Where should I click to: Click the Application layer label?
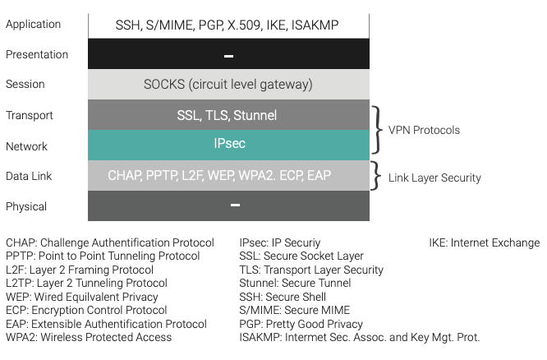(x=33, y=25)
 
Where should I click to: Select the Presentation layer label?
(x=37, y=54)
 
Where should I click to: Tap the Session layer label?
(x=25, y=84)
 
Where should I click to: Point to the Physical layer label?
(x=26, y=206)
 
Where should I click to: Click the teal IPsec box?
(x=228, y=145)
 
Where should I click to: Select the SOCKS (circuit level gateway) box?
(x=228, y=84)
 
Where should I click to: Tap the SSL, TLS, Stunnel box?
(x=228, y=115)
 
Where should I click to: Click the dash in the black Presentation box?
(x=228, y=56)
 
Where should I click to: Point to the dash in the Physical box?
(x=235, y=205)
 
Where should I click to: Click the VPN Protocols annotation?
(x=424, y=130)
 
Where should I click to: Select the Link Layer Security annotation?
(x=434, y=178)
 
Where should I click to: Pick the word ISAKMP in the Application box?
(x=315, y=25)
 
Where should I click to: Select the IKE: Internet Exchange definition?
(x=485, y=242)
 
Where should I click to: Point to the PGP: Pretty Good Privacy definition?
(x=301, y=324)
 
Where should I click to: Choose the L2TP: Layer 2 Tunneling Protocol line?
(x=86, y=283)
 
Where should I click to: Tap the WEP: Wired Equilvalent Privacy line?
(x=82, y=297)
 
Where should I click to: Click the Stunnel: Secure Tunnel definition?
(x=295, y=283)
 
